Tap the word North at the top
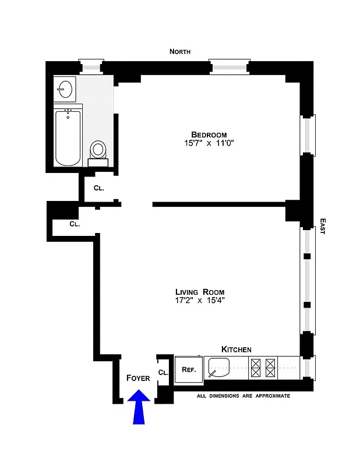180,52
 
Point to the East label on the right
322,227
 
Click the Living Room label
200,292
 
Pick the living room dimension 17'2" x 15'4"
200,301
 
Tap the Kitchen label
237,349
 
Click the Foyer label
138,378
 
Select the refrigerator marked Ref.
188,369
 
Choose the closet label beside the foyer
163,372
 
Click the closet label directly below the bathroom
99,188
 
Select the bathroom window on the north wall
90,67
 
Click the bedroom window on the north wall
229,67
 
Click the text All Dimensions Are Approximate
243,396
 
